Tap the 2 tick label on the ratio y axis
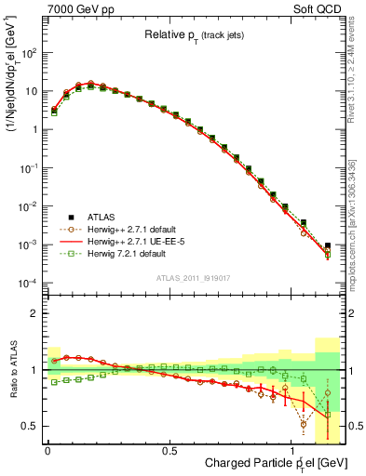click(34, 313)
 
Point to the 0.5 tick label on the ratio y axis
click(31, 426)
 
